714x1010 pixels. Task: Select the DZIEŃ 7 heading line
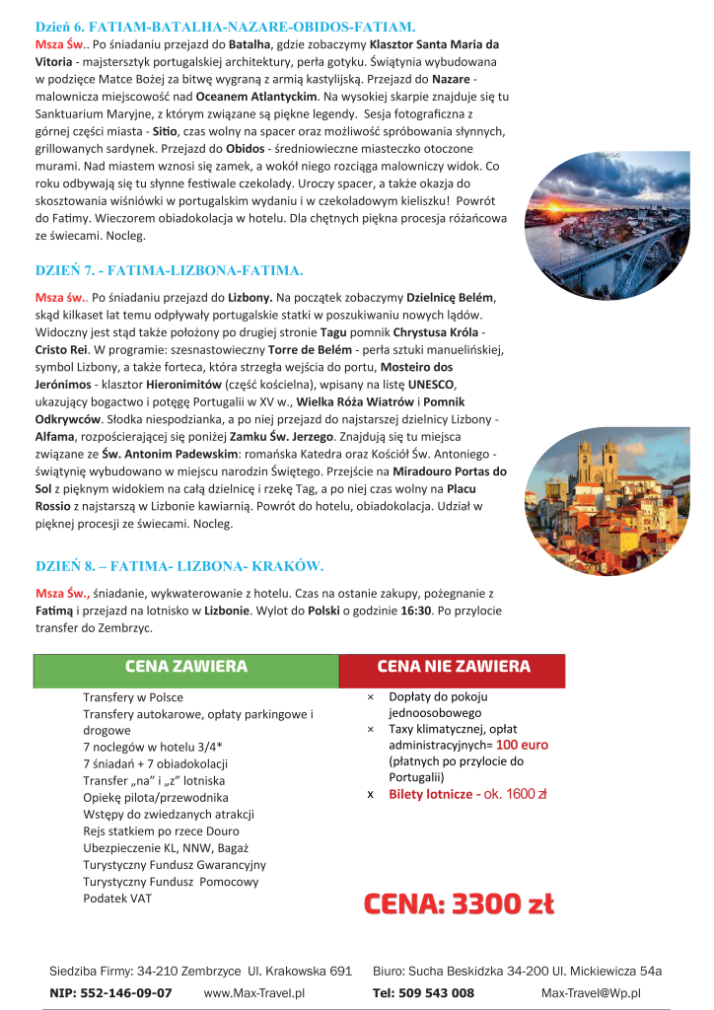click(169, 269)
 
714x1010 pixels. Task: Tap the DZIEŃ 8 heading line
click(179, 565)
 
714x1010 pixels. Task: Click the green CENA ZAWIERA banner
click(186, 668)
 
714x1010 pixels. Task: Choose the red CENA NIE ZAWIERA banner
click(454, 668)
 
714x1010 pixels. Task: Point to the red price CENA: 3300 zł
click(459, 903)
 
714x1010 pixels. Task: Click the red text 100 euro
click(522, 745)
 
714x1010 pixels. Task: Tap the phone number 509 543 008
click(438, 992)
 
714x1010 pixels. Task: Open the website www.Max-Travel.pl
click(254, 992)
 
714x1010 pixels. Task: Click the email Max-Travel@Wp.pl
click(591, 992)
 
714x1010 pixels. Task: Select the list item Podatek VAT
click(117, 898)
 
